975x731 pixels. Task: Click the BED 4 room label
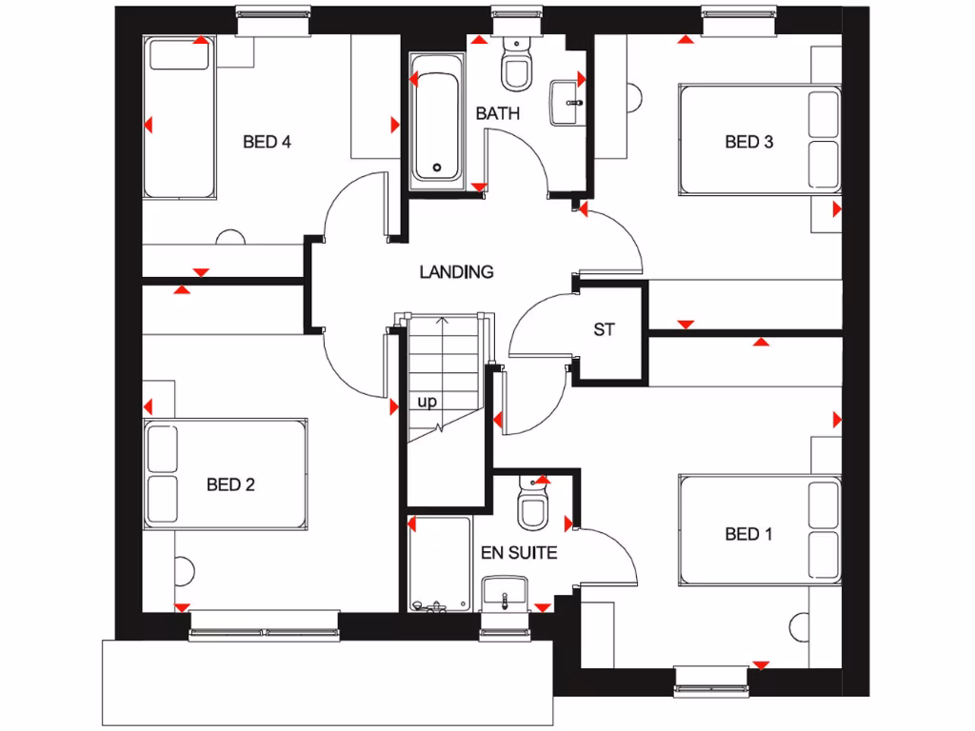267,143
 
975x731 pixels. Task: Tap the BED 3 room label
748,143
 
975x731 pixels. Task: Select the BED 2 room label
230,485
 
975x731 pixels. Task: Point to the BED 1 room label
748,534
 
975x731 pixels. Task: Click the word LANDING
457,272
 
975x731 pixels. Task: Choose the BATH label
498,113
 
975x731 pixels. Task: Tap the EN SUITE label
519,553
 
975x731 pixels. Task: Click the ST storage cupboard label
604,330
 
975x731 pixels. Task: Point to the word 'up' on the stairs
428,402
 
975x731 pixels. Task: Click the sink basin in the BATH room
568,99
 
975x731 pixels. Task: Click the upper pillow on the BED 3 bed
823,113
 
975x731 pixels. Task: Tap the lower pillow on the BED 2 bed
163,501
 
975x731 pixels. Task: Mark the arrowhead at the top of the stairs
442,321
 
